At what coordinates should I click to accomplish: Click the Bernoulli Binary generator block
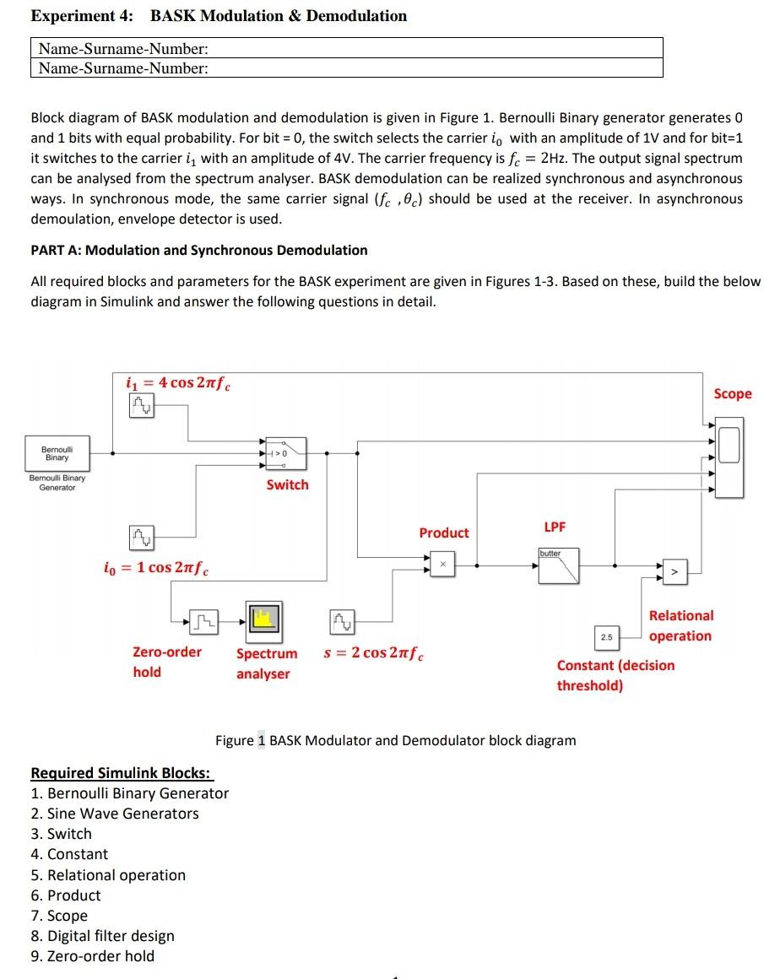point(57,453)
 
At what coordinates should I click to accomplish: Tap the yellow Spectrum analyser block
point(263,620)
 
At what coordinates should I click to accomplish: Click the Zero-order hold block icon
point(203,623)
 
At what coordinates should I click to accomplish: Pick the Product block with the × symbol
point(442,564)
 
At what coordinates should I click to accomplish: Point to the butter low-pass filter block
point(559,565)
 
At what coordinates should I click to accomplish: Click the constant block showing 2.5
point(606,636)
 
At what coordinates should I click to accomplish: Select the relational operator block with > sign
point(675,571)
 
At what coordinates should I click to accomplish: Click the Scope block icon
point(729,445)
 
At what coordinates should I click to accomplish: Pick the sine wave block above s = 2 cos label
point(343,623)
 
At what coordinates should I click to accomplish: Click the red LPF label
point(555,527)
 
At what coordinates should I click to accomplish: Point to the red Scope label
point(732,394)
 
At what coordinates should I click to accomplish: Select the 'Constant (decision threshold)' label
point(615,675)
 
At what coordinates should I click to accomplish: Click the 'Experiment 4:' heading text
point(84,16)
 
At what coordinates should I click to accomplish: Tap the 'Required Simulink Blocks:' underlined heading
point(122,773)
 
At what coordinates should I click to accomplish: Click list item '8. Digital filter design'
point(102,935)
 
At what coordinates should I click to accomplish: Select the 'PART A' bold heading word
point(56,250)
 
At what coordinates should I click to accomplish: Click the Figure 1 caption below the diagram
point(395,740)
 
